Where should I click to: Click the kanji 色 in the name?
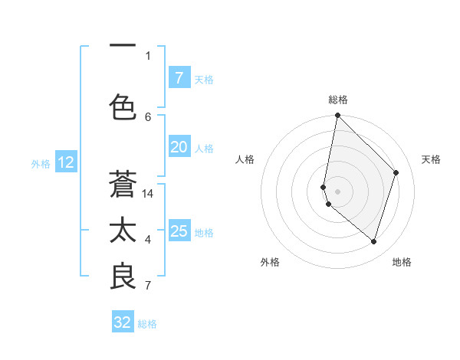click(x=123, y=106)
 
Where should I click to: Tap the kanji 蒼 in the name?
click(x=123, y=185)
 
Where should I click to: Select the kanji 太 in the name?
click(x=123, y=231)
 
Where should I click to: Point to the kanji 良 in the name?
click(x=123, y=277)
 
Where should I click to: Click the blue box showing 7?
click(x=179, y=77)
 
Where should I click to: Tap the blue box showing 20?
click(x=179, y=147)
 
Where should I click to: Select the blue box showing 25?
click(x=179, y=231)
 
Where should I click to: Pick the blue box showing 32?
click(x=123, y=322)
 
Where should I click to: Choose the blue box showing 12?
click(x=66, y=162)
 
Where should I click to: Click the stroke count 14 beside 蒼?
click(x=148, y=194)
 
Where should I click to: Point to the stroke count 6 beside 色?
click(x=148, y=116)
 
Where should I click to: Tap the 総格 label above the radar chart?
click(x=338, y=100)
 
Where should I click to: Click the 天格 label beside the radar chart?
click(x=431, y=159)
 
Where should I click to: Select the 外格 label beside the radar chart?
click(x=270, y=262)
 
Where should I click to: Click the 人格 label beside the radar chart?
click(x=245, y=159)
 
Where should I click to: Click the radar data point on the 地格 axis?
click(x=373, y=241)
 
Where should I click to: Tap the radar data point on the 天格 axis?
click(x=396, y=172)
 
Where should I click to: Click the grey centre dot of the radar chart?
click(x=338, y=191)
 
